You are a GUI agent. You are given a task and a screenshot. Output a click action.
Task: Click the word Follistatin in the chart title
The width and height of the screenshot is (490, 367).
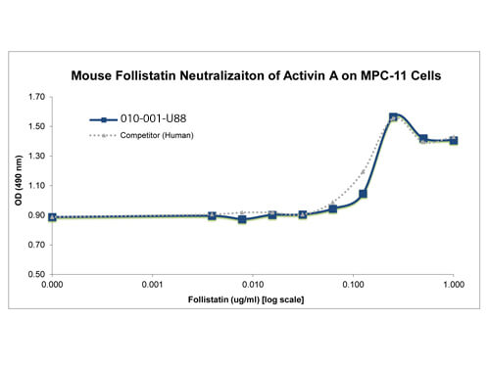coord(145,75)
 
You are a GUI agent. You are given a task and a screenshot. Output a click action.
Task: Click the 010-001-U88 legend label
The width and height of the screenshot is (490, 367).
coord(153,118)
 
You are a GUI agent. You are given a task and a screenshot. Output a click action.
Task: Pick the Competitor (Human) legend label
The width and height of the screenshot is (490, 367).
coord(157,135)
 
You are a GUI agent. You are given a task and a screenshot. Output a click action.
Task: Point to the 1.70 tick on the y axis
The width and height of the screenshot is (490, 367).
coord(36,97)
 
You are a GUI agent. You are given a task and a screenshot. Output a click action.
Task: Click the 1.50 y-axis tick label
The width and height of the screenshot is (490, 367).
coord(36,126)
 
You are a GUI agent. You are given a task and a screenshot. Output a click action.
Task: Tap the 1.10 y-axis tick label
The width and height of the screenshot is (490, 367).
coord(36,186)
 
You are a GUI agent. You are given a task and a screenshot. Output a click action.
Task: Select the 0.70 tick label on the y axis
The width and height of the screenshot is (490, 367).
coord(36,245)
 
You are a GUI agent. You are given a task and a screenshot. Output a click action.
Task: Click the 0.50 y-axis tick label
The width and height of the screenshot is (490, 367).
coord(36,274)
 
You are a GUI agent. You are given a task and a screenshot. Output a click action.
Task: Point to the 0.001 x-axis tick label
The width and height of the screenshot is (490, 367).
coord(152,285)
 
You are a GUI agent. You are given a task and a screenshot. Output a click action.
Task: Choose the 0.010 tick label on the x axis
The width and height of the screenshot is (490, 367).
coord(253,285)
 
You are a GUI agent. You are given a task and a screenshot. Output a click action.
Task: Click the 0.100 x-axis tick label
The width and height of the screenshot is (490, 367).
coord(353,285)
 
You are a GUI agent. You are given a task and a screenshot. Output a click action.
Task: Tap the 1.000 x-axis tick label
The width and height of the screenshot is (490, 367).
coord(454,285)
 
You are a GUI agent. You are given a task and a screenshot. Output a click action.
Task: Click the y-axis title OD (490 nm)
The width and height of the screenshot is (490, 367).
coord(19,180)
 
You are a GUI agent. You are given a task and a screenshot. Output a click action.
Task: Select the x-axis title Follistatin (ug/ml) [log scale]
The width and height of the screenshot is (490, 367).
coord(246,299)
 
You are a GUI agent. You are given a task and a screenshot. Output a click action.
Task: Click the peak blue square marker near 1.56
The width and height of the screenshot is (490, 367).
coord(393,117)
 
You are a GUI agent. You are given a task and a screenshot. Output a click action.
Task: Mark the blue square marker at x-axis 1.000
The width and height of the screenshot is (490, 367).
coord(454,141)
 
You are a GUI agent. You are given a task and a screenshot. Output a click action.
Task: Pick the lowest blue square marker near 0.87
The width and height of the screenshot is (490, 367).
coord(242,219)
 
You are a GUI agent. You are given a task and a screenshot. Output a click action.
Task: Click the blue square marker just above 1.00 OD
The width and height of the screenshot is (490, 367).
coord(363,194)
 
